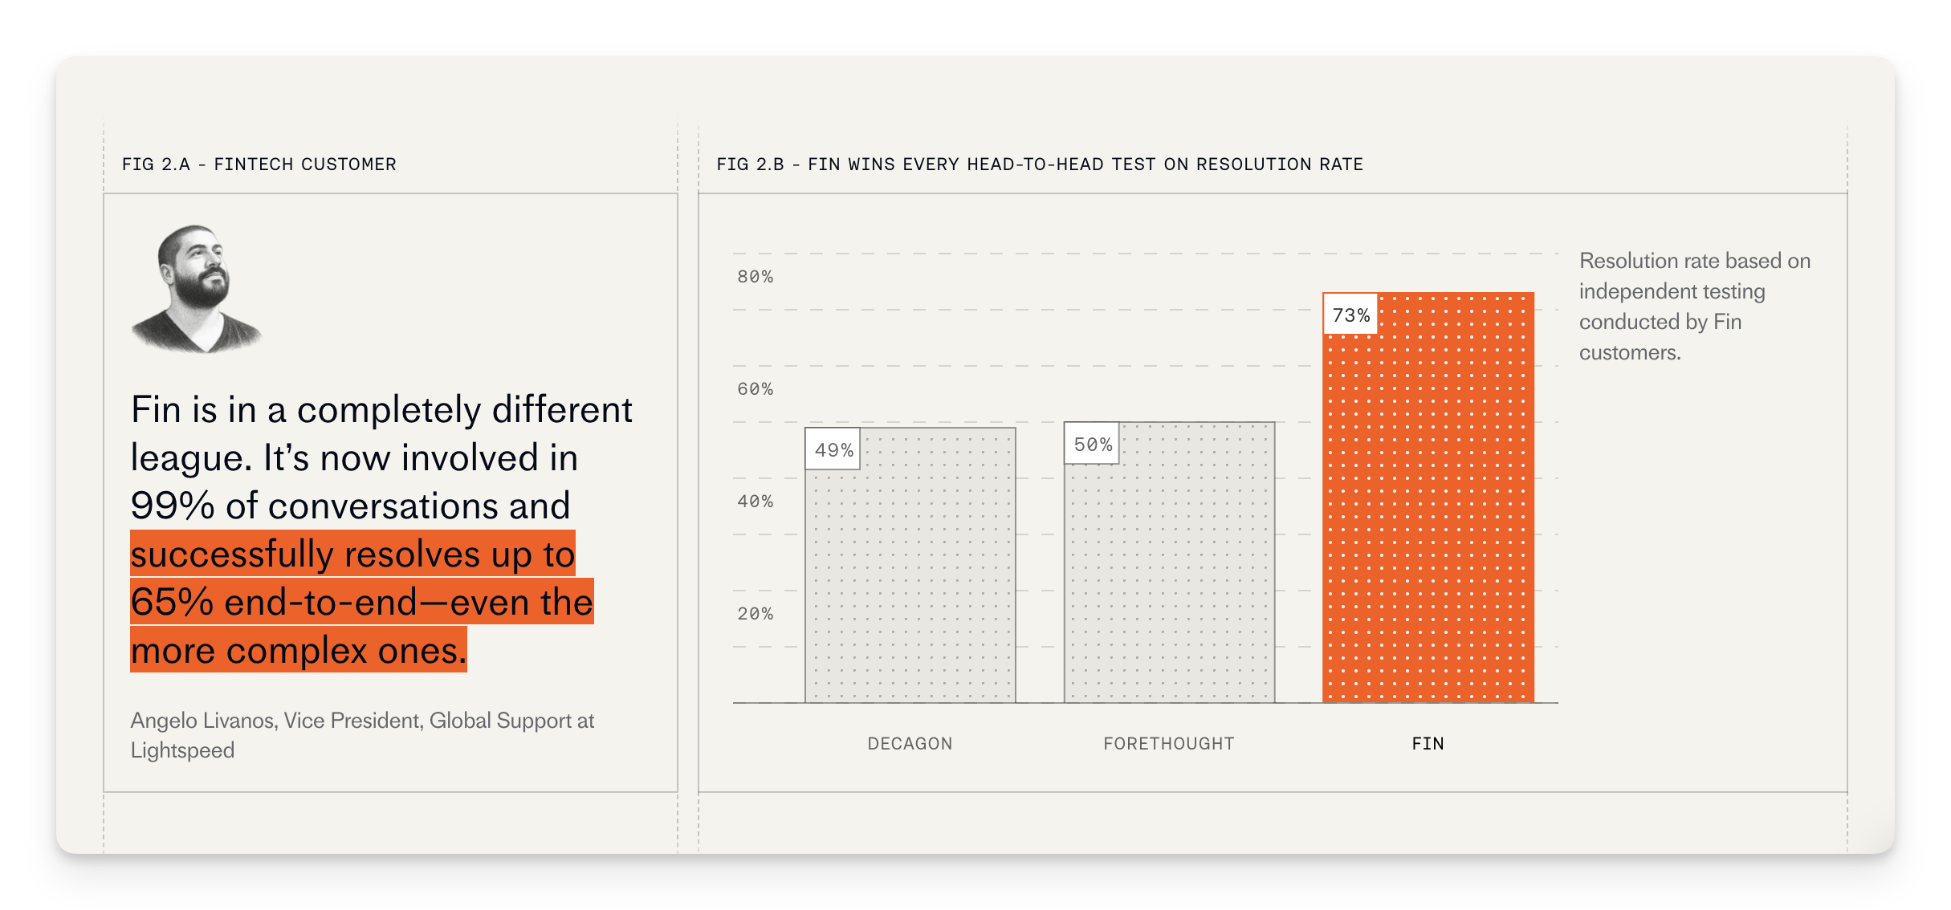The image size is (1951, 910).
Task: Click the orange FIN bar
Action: (x=1428, y=514)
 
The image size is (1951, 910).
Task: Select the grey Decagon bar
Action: (x=910, y=578)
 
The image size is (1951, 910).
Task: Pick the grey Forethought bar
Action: (x=1169, y=578)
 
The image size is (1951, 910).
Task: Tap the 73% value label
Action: (x=1350, y=315)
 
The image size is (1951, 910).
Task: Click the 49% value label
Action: (x=833, y=450)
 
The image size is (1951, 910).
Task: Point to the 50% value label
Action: (x=1092, y=445)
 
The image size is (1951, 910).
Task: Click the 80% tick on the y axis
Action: (x=755, y=277)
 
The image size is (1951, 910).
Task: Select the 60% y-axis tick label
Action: (x=755, y=389)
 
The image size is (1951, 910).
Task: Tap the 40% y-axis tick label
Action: (x=755, y=502)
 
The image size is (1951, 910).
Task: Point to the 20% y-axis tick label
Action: (x=755, y=614)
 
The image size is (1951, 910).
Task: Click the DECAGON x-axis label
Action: (x=910, y=744)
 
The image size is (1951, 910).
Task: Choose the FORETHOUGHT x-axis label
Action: (x=1168, y=744)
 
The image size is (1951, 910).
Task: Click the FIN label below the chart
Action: (x=1428, y=744)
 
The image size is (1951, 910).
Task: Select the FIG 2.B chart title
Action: (x=1040, y=165)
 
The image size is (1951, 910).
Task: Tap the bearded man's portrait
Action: (x=197, y=289)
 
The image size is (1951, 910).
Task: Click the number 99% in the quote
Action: (x=173, y=506)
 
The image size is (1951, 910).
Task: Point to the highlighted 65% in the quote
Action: (x=173, y=603)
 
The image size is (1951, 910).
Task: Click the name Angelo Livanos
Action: (x=203, y=721)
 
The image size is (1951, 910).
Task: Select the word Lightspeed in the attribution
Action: (x=182, y=750)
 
